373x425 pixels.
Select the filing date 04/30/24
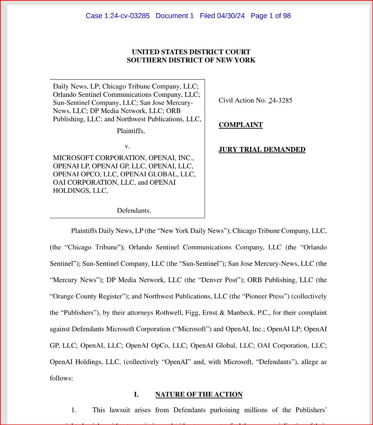pyautogui.click(x=231, y=16)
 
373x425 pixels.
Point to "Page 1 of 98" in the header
pyautogui.click(x=271, y=16)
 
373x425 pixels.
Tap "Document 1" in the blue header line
pyautogui.click(x=175, y=16)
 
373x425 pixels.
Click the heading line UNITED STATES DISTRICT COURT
pyautogui.click(x=191, y=52)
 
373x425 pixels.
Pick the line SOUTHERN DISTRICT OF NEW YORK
pyautogui.click(x=191, y=61)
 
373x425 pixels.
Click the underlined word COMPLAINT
pyautogui.click(x=241, y=125)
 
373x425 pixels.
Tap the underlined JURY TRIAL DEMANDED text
pyautogui.click(x=262, y=150)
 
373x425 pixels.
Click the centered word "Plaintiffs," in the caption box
pyautogui.click(x=131, y=131)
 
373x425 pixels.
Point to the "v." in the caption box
pyautogui.click(x=127, y=146)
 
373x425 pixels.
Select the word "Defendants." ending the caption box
pyautogui.click(x=134, y=211)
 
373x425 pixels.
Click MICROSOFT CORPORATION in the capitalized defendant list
pyautogui.click(x=100, y=158)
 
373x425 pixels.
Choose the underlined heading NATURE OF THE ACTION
pyautogui.click(x=199, y=395)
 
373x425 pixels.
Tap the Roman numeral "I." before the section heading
pyautogui.click(x=136, y=395)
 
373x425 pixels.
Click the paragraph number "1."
pyautogui.click(x=74, y=410)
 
